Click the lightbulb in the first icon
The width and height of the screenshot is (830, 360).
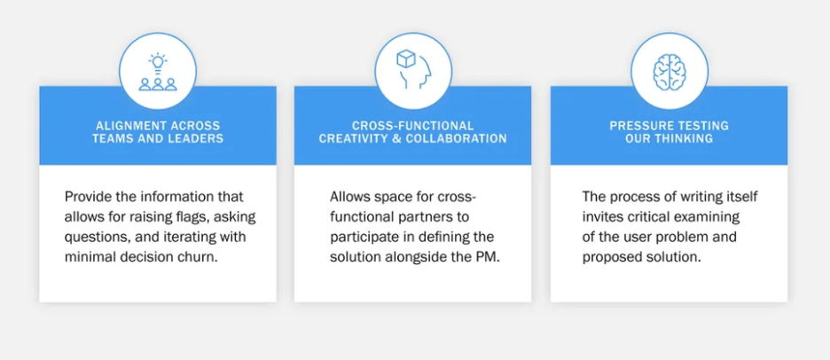[158, 62]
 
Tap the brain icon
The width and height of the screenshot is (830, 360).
[669, 72]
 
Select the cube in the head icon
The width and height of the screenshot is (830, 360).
[406, 59]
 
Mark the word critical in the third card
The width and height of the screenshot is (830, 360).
[643, 217]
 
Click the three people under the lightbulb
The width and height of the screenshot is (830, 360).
[158, 84]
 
